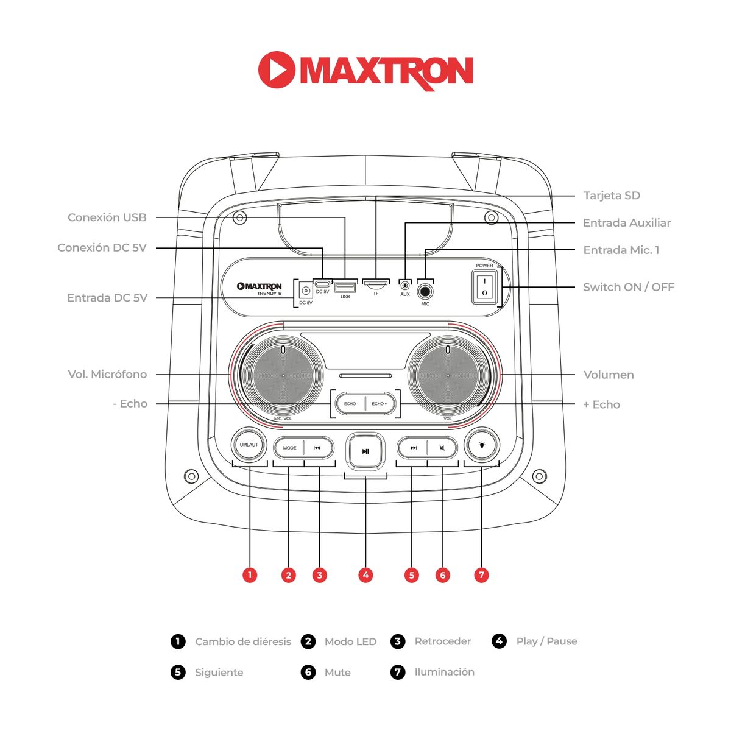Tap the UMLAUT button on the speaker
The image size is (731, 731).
pyautogui.click(x=249, y=445)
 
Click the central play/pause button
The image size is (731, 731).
pyautogui.click(x=365, y=451)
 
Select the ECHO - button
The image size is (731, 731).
pyautogui.click(x=350, y=404)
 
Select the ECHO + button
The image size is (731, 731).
pyautogui.click(x=380, y=404)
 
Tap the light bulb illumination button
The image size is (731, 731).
pyautogui.click(x=481, y=445)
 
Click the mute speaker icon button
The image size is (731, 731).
pyautogui.click(x=442, y=448)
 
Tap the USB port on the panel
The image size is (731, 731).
pyautogui.click(x=345, y=287)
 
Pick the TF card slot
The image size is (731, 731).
pyautogui.click(x=376, y=284)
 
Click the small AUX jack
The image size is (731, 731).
pyautogui.click(x=405, y=285)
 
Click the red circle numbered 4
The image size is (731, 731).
pyautogui.click(x=365, y=574)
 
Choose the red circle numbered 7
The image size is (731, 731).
pyautogui.click(x=481, y=574)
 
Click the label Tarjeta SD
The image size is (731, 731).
pyautogui.click(x=611, y=196)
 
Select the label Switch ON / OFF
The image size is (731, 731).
pyautogui.click(x=628, y=287)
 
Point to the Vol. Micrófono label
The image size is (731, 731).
pyautogui.click(x=107, y=374)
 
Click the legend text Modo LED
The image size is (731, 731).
pyautogui.click(x=350, y=641)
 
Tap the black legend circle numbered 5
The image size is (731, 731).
pyautogui.click(x=178, y=672)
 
